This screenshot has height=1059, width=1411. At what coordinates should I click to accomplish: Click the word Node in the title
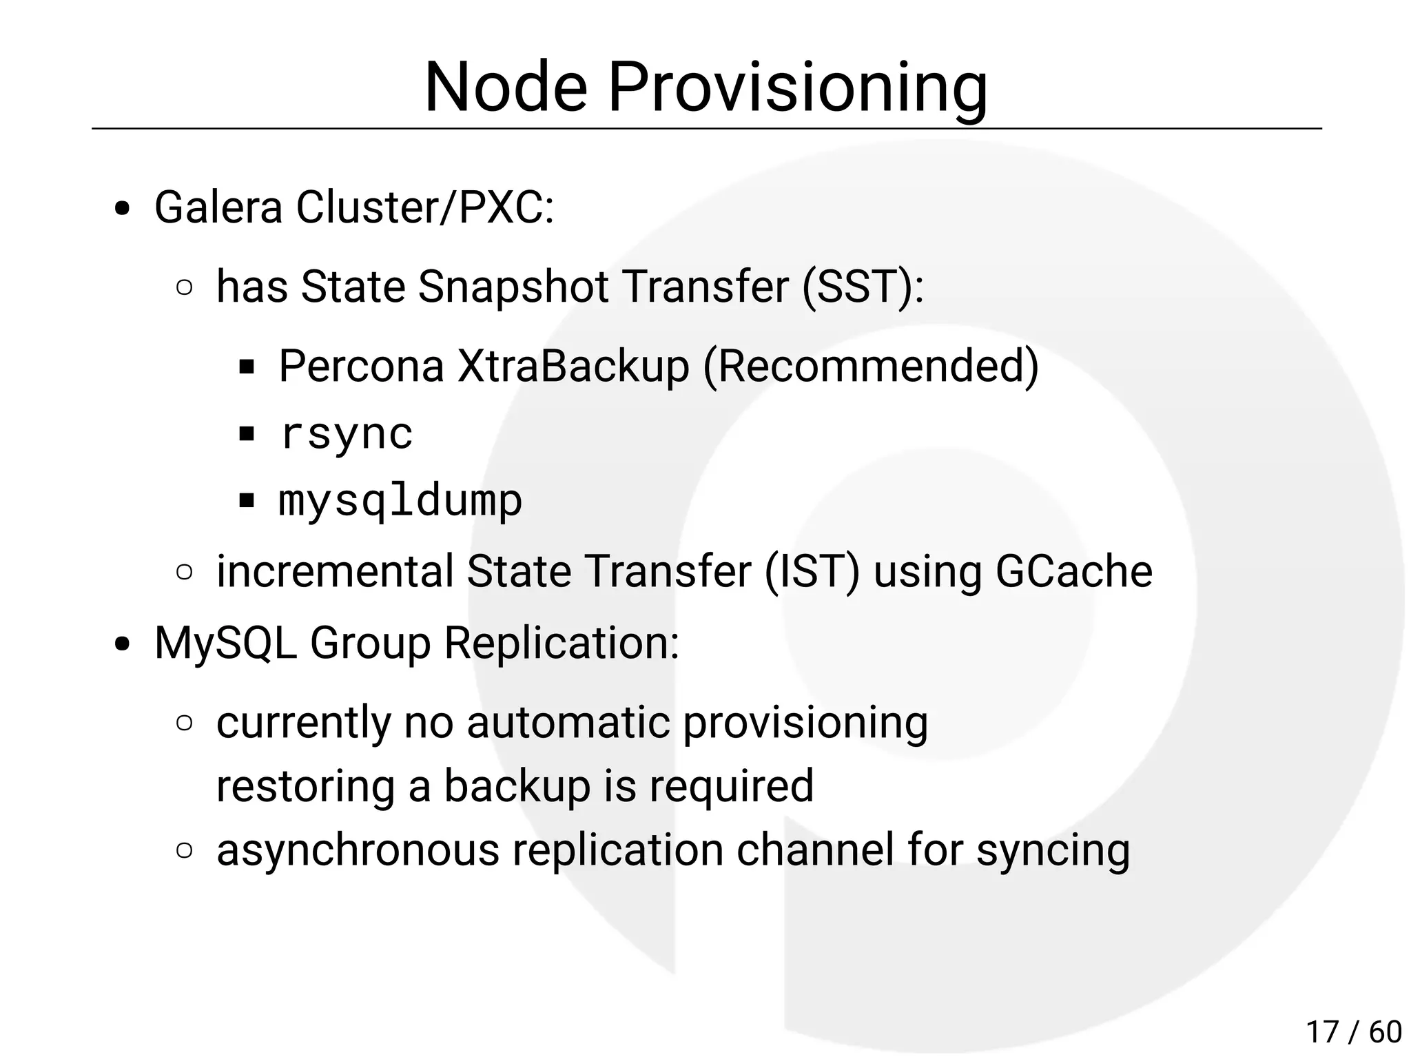(x=506, y=88)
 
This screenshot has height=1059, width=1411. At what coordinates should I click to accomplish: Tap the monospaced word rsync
(x=347, y=434)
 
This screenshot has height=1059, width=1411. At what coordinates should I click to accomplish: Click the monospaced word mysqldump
(x=400, y=500)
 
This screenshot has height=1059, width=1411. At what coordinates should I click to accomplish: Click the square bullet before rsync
(x=247, y=435)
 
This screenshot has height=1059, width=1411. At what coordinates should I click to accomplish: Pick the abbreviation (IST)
(x=812, y=571)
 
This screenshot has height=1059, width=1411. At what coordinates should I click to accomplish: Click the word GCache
(x=1074, y=571)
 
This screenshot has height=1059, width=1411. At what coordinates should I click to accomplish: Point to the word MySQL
(x=225, y=643)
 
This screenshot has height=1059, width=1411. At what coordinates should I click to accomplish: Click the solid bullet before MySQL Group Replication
(x=123, y=645)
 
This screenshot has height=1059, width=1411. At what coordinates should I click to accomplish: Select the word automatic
(x=568, y=722)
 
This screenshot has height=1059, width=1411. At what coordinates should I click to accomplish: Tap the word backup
(x=517, y=785)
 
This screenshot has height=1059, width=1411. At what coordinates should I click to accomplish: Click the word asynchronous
(x=358, y=850)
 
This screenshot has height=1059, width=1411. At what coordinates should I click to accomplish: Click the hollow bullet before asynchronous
(x=184, y=850)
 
